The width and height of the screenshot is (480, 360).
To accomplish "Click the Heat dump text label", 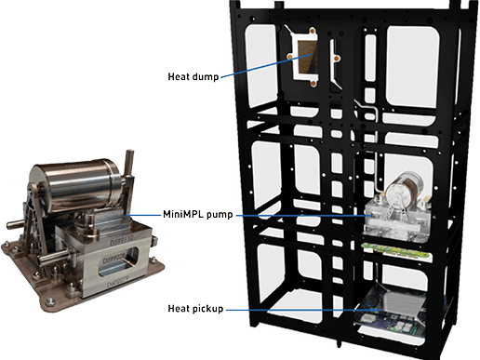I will click(193, 76).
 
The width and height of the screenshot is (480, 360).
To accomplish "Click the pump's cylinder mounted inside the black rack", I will click(409, 189).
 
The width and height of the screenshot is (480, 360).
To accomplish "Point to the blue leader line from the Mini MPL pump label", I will click(298, 216).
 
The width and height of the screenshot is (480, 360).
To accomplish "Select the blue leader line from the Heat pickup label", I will click(298, 309).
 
